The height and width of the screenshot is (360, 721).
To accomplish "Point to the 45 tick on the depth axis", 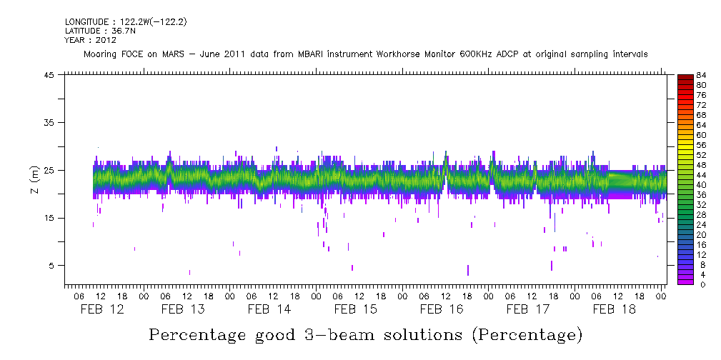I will [x=49, y=75].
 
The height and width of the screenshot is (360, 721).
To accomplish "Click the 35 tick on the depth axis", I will [x=49, y=123].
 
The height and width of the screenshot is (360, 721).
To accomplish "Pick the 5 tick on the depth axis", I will [x=51, y=266].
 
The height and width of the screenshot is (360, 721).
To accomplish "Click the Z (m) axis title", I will [x=34, y=181].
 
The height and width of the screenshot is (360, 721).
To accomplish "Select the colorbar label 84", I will [x=701, y=76].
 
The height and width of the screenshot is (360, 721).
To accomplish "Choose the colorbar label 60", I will [x=701, y=135].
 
